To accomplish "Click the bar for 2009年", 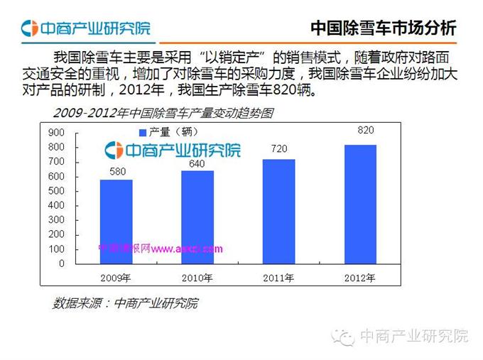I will [116, 222].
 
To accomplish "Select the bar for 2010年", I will [197, 217].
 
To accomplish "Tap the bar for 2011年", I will [278, 211].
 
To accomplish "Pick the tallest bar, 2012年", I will [360, 204].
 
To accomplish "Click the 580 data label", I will [117, 171].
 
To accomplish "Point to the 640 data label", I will [197, 163].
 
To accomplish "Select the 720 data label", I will [279, 150].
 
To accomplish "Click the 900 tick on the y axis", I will [56, 132].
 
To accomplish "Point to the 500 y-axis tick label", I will [56, 191].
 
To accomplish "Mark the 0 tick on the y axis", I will [61, 263].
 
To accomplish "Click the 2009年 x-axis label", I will [116, 277].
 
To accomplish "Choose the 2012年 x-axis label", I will [360, 277].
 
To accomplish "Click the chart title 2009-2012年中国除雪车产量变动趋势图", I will [163, 113].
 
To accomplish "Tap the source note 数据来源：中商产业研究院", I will [126, 303].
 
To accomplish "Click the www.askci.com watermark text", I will [187, 249].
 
